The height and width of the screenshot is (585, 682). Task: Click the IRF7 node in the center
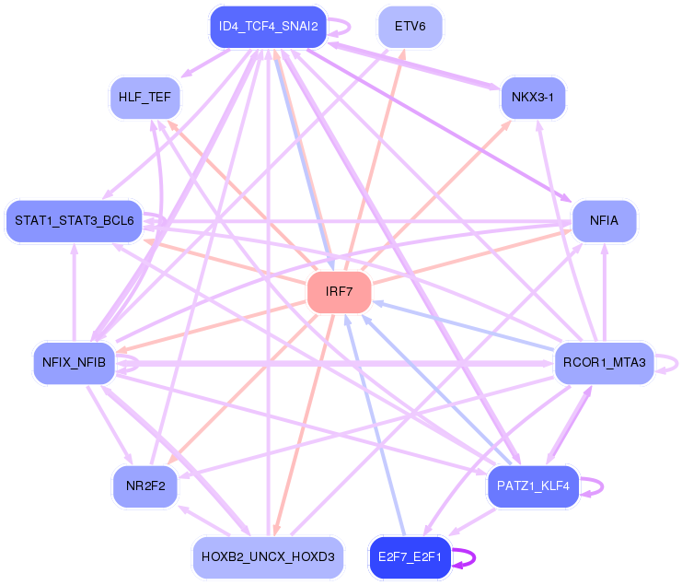340,292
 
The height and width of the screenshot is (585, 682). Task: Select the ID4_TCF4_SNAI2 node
268,27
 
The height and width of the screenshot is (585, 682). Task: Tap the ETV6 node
410,27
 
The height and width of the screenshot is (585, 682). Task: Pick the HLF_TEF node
144,98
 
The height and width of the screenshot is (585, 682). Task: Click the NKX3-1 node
533,98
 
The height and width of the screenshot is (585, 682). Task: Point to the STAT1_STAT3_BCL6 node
74,221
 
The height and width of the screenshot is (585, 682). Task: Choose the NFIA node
604,221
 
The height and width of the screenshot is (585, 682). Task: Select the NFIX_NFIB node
74,363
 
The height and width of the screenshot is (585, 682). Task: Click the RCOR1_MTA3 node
604,363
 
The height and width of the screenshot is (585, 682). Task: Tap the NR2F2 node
144,486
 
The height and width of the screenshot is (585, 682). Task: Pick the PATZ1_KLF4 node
533,486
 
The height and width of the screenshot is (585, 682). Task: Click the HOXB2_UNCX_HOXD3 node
268,557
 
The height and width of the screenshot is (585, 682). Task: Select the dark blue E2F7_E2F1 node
410,557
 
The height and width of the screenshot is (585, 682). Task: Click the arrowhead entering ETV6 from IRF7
403,54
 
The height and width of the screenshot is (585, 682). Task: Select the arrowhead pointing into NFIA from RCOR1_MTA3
604,249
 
